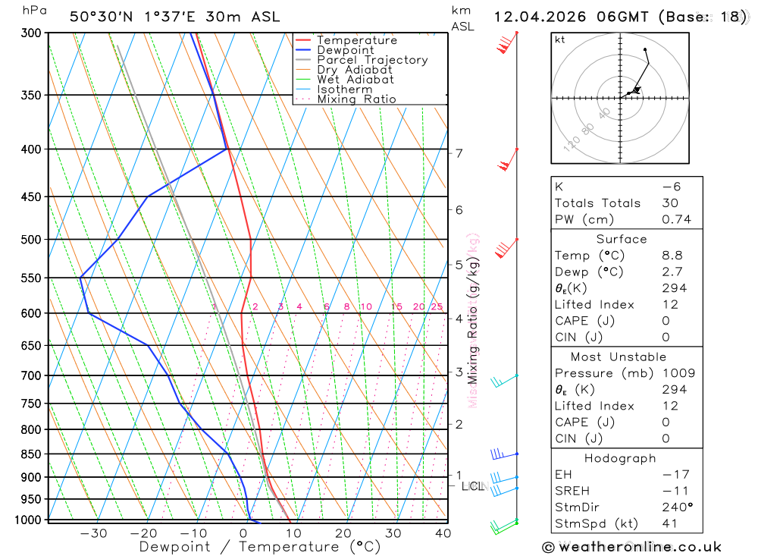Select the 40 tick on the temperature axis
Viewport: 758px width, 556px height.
tap(443, 533)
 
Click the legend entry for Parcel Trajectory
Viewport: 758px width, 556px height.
tap(372, 60)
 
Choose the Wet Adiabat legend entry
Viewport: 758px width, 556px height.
tap(356, 80)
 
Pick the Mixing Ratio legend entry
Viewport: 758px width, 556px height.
tap(356, 99)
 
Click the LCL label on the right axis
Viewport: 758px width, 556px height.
tap(473, 486)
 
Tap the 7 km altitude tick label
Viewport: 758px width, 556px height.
tap(459, 153)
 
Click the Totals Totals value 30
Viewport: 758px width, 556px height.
tap(670, 203)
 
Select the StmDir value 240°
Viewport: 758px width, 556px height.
tap(675, 507)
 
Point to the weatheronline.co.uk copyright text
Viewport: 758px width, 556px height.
tap(632, 547)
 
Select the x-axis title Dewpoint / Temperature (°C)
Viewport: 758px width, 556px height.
tap(260, 547)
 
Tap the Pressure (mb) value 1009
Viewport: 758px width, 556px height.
tap(678, 373)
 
